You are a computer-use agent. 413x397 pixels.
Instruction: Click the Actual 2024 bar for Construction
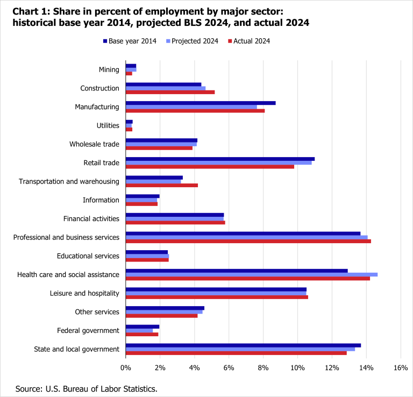pyautogui.click(x=170, y=92)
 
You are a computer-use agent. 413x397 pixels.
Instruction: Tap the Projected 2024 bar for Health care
pyautogui.click(x=251, y=274)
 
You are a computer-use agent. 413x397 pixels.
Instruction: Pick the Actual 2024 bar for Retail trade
pyautogui.click(x=210, y=166)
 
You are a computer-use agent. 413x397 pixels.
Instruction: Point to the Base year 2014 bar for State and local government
pyautogui.click(x=243, y=345)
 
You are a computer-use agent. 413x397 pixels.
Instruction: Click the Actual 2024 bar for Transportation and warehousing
pyautogui.click(x=162, y=185)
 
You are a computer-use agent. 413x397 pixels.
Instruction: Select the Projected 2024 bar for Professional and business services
pyautogui.click(x=246, y=237)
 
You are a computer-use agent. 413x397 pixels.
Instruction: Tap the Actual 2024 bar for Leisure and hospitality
pyautogui.click(x=217, y=296)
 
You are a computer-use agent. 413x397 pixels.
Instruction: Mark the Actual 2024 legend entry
pyautogui.click(x=249, y=41)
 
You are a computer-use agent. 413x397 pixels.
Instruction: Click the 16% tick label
pyautogui.click(x=401, y=367)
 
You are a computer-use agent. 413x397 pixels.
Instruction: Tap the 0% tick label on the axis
pyautogui.click(x=126, y=367)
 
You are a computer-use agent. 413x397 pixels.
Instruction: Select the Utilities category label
pyautogui.click(x=108, y=125)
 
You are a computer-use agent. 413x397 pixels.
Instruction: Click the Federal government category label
pyautogui.click(x=88, y=330)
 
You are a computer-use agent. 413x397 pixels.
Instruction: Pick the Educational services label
pyautogui.click(x=88, y=256)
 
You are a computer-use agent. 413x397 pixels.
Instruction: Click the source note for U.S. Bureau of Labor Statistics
pyautogui.click(x=86, y=388)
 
